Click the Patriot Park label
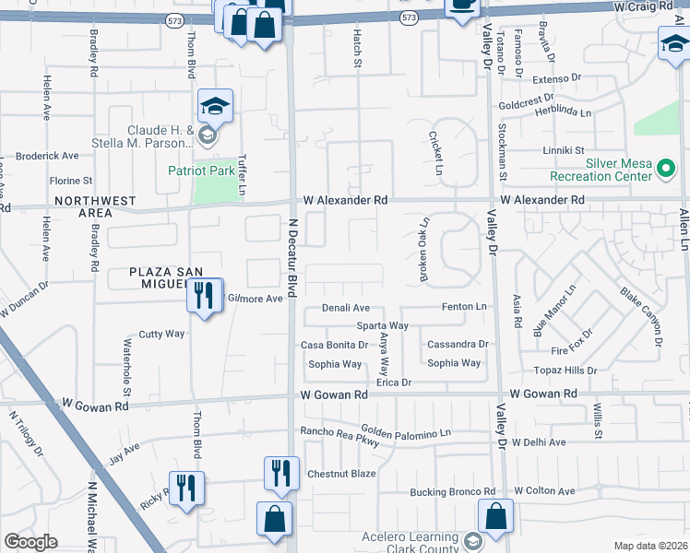[x=201, y=170]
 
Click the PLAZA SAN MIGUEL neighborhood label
[x=163, y=278]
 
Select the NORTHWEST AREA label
[x=95, y=206]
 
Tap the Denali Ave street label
[x=346, y=308]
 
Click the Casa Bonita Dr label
[x=331, y=345]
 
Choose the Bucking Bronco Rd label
[x=452, y=491]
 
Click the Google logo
[x=30, y=542]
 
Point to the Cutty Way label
[x=161, y=335]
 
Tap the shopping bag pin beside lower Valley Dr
[x=495, y=519]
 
